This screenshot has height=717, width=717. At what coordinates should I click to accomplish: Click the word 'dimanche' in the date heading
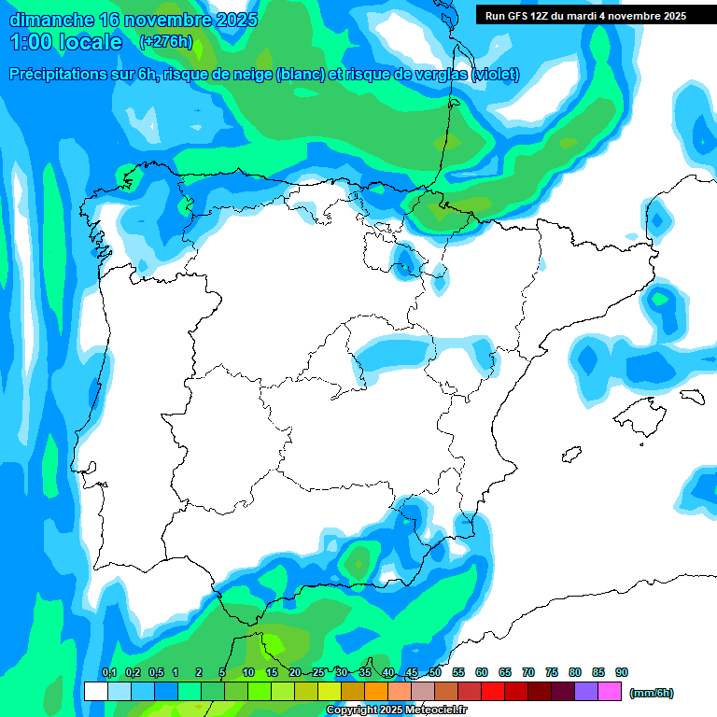[50, 19]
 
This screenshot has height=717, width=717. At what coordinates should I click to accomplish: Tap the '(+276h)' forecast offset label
[165, 41]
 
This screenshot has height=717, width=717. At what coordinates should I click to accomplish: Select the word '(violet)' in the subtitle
[496, 75]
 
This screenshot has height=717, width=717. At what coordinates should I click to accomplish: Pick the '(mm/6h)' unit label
[651, 693]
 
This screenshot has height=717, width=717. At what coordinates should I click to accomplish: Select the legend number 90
[622, 672]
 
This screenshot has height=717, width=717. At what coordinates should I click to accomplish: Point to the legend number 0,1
[108, 672]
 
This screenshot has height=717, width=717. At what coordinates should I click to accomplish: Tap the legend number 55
[458, 672]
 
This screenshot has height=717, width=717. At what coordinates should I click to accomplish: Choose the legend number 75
[552, 672]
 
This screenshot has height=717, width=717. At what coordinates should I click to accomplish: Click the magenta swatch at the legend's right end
[610, 691]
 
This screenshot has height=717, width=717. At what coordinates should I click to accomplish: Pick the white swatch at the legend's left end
[96, 691]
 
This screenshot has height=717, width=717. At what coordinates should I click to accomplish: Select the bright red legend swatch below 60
[493, 691]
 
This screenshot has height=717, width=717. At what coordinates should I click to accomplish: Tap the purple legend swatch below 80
[586, 691]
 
